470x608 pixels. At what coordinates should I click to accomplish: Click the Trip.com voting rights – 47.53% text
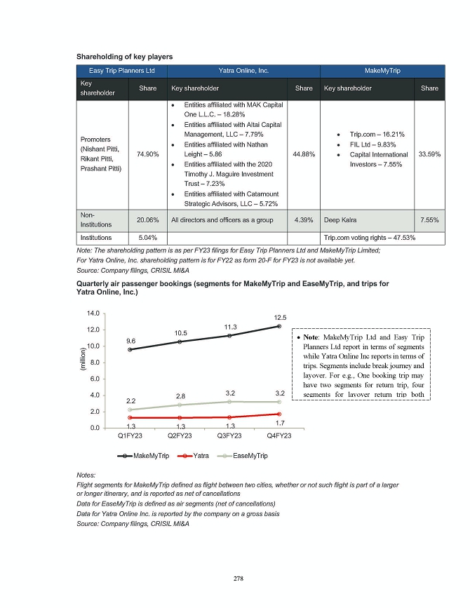[369, 238]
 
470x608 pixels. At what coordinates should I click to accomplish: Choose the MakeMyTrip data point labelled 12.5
[279, 326]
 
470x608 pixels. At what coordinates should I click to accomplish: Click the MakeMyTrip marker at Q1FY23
[130, 349]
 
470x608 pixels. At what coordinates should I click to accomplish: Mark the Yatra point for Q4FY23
[279, 414]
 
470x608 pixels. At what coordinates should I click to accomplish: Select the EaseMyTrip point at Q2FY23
[180, 405]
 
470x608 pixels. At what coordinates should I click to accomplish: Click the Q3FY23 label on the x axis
[229, 436]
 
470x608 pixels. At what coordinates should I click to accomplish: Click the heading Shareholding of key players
[125, 55]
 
